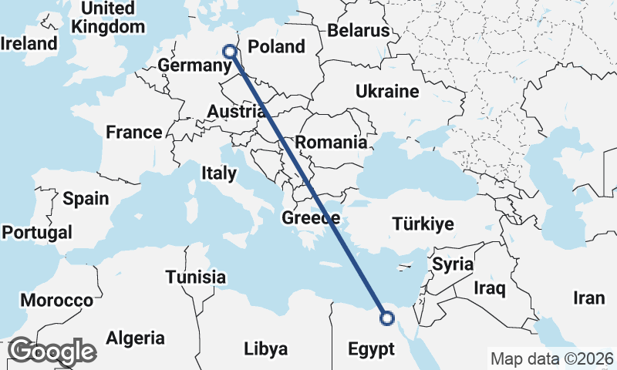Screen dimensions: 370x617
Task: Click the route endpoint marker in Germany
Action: pyautogui.click(x=229, y=52)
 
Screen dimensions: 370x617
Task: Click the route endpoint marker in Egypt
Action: pyautogui.click(x=387, y=318)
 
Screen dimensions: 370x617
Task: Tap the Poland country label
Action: pyautogui.click(x=276, y=47)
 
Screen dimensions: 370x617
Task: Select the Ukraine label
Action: pyautogui.click(x=386, y=92)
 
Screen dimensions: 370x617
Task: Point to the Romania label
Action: pyautogui.click(x=330, y=142)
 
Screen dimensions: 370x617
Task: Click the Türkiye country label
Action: pyautogui.click(x=423, y=224)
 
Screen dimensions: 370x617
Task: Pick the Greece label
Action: pyautogui.click(x=311, y=218)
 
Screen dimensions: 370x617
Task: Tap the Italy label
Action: pyautogui.click(x=218, y=173)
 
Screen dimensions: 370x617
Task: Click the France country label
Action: pyautogui.click(x=134, y=132)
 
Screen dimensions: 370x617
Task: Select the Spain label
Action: pyautogui.click(x=86, y=198)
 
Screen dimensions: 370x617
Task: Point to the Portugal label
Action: pyautogui.click(x=37, y=232)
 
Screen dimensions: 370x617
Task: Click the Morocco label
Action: pyautogui.click(x=56, y=300)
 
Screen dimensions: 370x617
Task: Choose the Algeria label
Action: pyautogui.click(x=135, y=338)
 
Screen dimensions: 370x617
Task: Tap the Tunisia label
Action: pyautogui.click(x=196, y=277)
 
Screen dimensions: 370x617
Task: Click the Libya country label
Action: pyautogui.click(x=265, y=348)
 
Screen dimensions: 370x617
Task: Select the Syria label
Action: pyautogui.click(x=453, y=264)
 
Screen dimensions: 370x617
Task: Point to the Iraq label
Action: pyautogui.click(x=489, y=289)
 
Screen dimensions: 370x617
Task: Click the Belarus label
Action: pyautogui.click(x=359, y=31)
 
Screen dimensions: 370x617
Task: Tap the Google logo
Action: pyautogui.click(x=52, y=351)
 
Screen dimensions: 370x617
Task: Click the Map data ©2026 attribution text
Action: pyautogui.click(x=552, y=358)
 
